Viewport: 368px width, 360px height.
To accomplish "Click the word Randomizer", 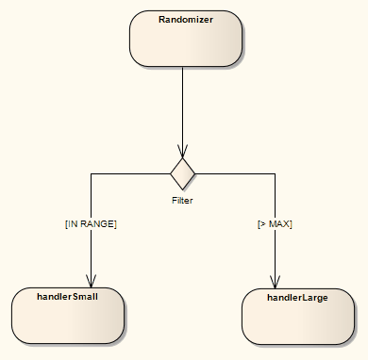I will pyautogui.click(x=185, y=19).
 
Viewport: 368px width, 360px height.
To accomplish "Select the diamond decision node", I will pyautogui.click(x=182, y=172).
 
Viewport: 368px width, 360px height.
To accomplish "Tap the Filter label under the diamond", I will pyautogui.click(x=182, y=200).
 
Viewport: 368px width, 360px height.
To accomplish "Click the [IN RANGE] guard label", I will pyautogui.click(x=91, y=224).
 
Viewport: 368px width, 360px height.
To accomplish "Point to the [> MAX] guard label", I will pyautogui.click(x=275, y=224).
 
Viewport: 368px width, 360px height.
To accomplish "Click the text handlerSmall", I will pyautogui.click(x=68, y=296).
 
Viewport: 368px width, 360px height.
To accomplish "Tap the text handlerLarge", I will pyautogui.click(x=298, y=297).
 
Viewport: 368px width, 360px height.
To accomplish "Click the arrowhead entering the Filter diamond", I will pyautogui.click(x=182, y=152).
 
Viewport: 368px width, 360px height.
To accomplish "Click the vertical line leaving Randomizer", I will pyautogui.click(x=182, y=104).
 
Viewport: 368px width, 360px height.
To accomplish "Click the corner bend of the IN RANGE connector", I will pyautogui.click(x=91, y=173).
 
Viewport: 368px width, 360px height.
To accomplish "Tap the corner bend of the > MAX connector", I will pyautogui.click(x=275, y=173).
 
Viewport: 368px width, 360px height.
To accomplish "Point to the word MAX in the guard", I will pyautogui.click(x=279, y=224).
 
